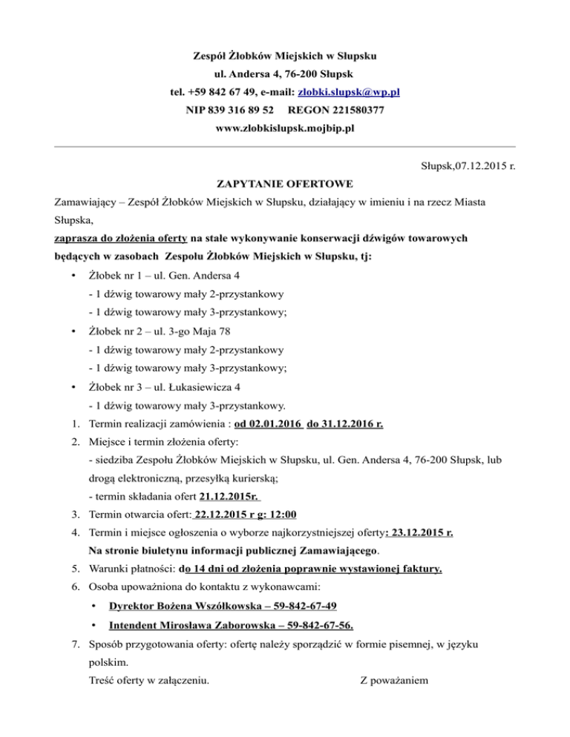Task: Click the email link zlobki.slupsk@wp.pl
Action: [349, 93]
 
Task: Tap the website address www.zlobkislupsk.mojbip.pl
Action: [284, 128]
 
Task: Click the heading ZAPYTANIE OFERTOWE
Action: [284, 183]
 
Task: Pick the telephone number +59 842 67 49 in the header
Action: [223, 93]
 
